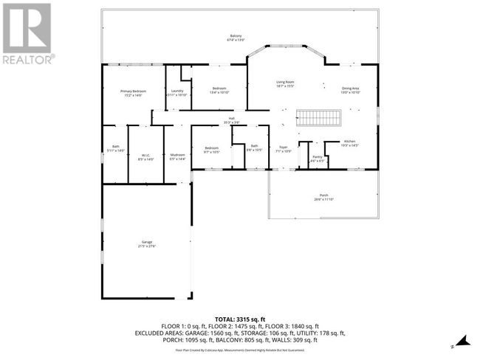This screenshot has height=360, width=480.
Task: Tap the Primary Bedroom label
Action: click(x=133, y=92)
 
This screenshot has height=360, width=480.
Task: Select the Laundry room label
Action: click(x=176, y=92)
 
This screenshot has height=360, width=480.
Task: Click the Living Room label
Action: click(x=285, y=83)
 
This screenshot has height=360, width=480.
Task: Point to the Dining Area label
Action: click(x=350, y=90)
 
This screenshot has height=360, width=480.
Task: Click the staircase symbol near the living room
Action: click(x=318, y=119)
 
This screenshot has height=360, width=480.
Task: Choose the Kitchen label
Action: click(x=349, y=142)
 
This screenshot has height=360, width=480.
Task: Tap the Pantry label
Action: click(x=317, y=158)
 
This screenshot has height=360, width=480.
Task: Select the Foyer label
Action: click(x=283, y=148)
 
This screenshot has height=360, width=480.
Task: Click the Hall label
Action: click(x=231, y=120)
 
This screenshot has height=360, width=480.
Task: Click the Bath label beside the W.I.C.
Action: click(x=116, y=148)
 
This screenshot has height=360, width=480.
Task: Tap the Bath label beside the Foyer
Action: click(x=254, y=148)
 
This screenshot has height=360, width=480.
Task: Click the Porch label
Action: click(x=323, y=197)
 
